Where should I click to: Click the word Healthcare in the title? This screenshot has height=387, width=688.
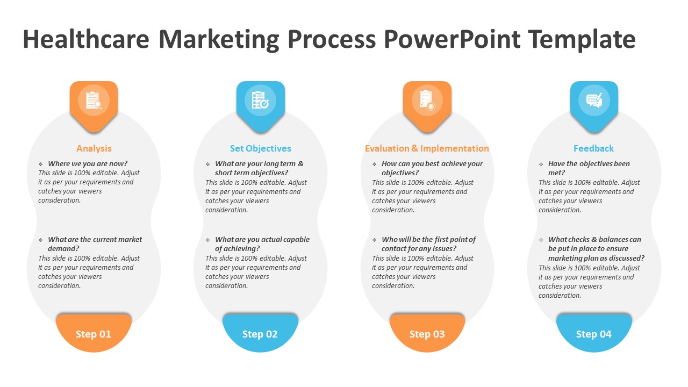click(x=86, y=39)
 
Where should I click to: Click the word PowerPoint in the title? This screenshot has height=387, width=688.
click(x=452, y=39)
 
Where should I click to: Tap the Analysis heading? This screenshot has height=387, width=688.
click(x=94, y=149)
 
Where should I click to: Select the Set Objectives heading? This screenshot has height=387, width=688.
click(x=261, y=149)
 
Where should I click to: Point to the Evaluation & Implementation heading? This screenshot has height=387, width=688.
click(x=427, y=149)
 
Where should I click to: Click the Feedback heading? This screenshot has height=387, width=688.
click(x=594, y=149)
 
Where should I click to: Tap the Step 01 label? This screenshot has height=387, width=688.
click(x=94, y=334)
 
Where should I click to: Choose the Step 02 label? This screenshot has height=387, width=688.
click(x=260, y=334)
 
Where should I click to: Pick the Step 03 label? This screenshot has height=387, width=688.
click(x=427, y=334)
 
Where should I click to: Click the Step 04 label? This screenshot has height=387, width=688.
click(x=594, y=334)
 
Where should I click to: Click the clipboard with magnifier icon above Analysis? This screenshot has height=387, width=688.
click(x=94, y=101)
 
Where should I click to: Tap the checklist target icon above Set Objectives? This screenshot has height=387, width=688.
click(x=260, y=100)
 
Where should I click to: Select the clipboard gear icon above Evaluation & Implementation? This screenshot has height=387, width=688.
click(x=427, y=100)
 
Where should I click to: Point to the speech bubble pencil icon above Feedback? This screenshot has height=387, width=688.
click(x=594, y=101)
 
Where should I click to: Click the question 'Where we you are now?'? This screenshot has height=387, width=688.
click(x=88, y=164)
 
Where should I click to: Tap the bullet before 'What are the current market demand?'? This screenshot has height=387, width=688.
click(x=40, y=240)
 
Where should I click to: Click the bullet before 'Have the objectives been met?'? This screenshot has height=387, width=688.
click(x=541, y=164)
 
